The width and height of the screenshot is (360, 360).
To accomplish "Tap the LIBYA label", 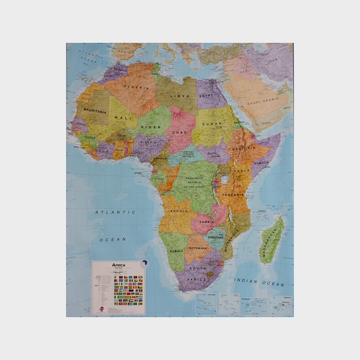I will (x=180, y=96).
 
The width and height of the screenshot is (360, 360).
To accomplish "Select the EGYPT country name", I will (x=206, y=96).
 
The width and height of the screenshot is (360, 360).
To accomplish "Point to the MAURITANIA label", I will (x=95, y=111).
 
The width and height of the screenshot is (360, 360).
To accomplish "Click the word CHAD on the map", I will (x=180, y=133).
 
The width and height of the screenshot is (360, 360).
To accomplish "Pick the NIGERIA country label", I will (x=148, y=142).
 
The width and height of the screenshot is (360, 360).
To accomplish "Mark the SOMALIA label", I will (x=262, y=163).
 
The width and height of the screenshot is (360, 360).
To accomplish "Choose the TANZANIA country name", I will (x=234, y=195).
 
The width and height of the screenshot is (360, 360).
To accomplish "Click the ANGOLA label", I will (x=178, y=211).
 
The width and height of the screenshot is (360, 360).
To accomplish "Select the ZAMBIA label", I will (x=206, y=222).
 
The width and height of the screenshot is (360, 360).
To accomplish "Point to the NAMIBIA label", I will (x=176, y=251).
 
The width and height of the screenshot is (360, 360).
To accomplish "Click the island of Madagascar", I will (x=272, y=241).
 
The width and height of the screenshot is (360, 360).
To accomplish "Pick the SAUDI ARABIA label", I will (x=263, y=103).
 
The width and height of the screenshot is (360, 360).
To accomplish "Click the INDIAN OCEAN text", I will (x=259, y=282).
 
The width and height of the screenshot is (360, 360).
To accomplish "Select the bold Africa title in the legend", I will (x=119, y=265).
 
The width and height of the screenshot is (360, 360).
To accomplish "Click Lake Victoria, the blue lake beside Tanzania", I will (x=224, y=180).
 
